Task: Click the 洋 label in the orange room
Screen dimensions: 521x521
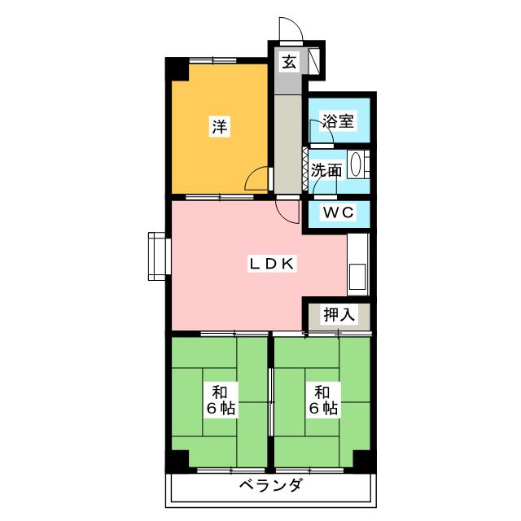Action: (219, 126)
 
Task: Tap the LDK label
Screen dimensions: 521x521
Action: (276, 263)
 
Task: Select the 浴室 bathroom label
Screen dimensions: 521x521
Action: (338, 122)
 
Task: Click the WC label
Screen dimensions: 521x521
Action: (337, 212)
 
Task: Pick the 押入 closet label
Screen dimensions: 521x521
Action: (338, 315)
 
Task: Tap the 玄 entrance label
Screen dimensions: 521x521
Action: (289, 60)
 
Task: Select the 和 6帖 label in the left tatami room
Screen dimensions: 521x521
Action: (219, 399)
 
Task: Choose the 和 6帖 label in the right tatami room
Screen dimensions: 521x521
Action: (323, 399)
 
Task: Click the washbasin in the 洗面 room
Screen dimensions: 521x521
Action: (357, 165)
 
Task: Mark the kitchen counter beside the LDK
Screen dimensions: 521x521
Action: (358, 265)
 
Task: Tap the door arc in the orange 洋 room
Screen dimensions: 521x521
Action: (258, 179)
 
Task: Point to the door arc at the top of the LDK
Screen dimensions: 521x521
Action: (286, 211)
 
